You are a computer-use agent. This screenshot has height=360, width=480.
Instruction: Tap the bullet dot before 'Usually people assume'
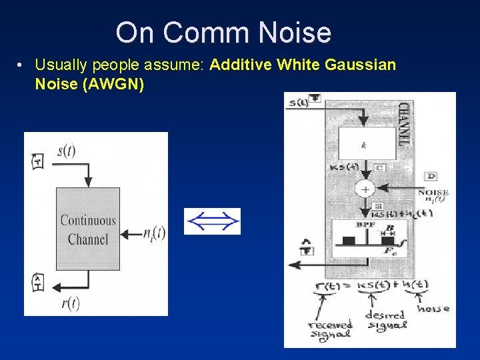point(22,65)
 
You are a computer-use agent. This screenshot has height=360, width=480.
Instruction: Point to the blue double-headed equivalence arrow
point(212,221)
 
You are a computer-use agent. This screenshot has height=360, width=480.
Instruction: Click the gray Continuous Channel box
point(88,230)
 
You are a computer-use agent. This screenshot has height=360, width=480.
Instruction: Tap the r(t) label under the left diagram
point(70,303)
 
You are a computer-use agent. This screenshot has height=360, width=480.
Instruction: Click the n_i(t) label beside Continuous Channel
point(154,233)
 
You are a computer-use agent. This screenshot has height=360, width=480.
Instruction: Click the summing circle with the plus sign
point(365,189)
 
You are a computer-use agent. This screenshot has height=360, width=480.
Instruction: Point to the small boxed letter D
point(431,176)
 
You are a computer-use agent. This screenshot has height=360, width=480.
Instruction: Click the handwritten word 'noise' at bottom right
point(433,308)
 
